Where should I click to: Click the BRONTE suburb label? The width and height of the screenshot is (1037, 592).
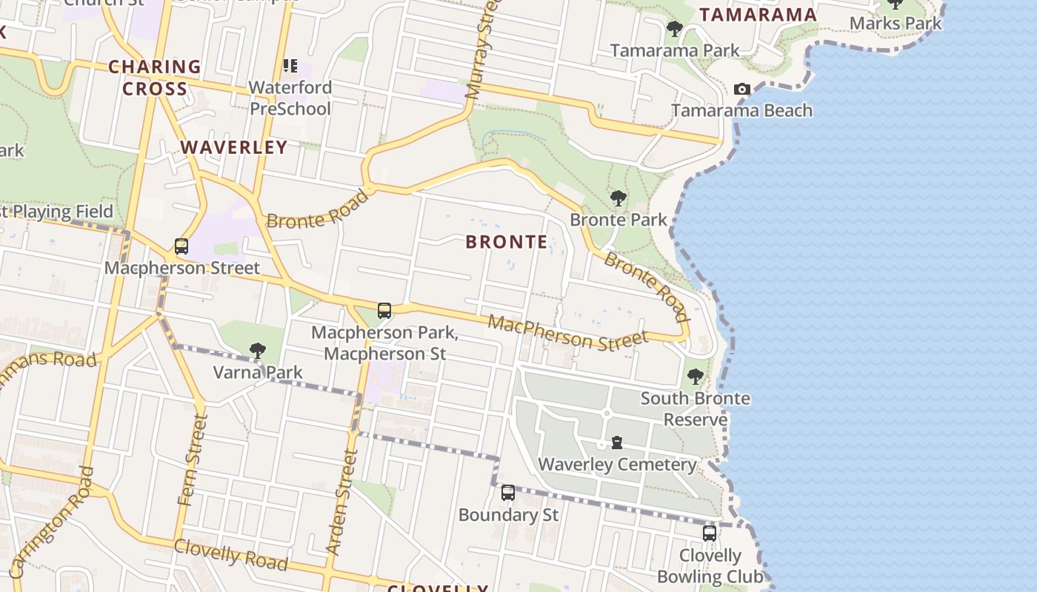507,242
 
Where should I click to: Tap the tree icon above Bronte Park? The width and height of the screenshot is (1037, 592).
618,198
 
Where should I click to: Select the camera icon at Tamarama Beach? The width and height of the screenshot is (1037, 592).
741,90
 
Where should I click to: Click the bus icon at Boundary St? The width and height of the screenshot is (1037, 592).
508,493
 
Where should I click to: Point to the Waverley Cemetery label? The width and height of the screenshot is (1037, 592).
616,465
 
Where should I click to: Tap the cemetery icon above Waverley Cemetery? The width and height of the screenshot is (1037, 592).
616,443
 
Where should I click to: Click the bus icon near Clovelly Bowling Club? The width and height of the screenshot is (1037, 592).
709,533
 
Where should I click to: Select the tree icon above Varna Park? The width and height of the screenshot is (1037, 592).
257,350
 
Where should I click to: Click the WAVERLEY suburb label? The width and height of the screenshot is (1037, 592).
233,147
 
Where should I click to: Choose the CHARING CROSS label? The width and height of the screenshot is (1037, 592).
155,78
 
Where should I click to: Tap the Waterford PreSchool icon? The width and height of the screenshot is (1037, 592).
290,67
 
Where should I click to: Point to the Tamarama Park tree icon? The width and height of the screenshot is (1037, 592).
674,30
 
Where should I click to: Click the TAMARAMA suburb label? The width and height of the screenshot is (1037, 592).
757,15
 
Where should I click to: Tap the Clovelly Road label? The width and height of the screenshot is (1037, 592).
230,555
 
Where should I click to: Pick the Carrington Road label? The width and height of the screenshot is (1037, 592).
52,522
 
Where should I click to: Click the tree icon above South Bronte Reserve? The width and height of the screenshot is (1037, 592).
695,377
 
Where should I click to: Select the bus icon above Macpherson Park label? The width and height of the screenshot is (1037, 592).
384,311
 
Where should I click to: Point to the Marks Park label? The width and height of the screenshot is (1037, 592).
895,23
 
